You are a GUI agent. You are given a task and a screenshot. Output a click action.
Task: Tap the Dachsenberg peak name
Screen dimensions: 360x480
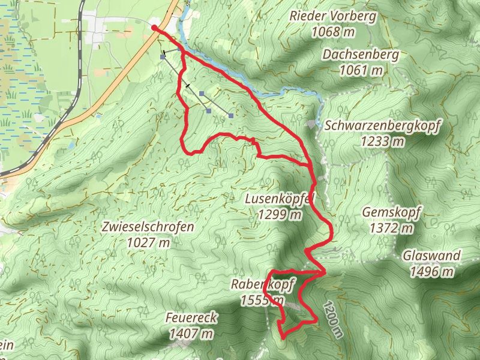(352, 55)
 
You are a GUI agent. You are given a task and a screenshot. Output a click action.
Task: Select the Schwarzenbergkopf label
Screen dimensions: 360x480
(383, 126)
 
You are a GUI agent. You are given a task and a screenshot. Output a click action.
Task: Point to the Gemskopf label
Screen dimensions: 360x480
(392, 212)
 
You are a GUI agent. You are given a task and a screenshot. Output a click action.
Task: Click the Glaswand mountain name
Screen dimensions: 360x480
(431, 256)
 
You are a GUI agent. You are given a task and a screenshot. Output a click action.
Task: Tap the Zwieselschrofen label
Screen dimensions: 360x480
(148, 227)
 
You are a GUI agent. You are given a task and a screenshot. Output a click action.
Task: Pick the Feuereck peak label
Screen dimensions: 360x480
(193, 317)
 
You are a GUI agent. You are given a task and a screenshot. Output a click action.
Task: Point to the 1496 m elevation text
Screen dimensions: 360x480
(431, 272)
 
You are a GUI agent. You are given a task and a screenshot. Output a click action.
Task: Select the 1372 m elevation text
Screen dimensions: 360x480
(392, 229)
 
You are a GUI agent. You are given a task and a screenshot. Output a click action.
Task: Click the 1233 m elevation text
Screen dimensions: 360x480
(383, 142)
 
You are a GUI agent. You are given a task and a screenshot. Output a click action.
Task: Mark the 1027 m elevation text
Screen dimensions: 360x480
(148, 243)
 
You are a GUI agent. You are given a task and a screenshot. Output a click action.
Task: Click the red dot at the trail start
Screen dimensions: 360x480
(154, 28)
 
